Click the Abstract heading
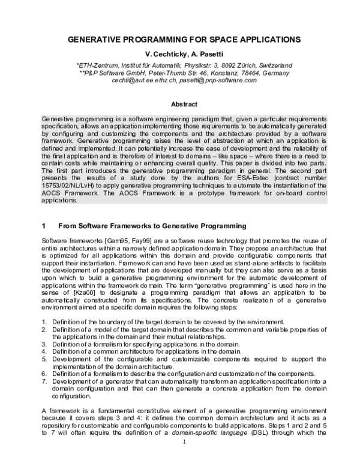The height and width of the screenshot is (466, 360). pos(180,104)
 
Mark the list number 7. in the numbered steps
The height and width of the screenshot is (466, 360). pos(44,381)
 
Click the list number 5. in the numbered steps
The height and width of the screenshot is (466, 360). pos(44,359)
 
